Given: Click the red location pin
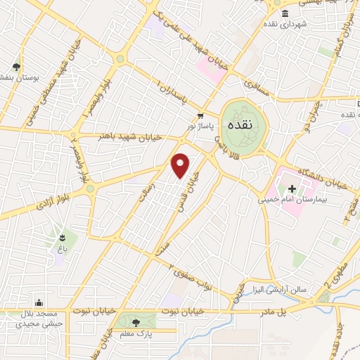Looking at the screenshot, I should (x=181, y=165).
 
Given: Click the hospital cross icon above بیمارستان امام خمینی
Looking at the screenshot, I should (x=292, y=188).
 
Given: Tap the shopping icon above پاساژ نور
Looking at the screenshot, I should (x=201, y=116).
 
